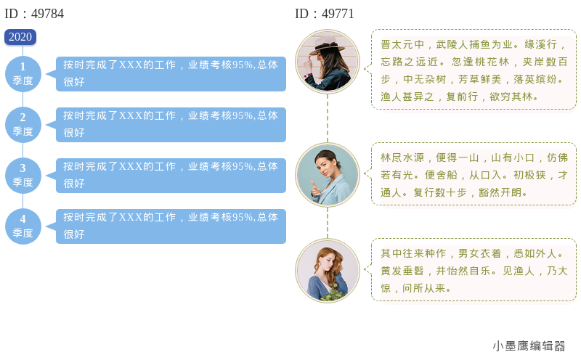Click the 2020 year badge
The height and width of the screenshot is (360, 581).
pos(20,37)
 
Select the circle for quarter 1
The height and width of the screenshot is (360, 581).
pos(23,74)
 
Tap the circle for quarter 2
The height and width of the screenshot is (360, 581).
pos(23,125)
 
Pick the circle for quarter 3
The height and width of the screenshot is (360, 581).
pos(23,176)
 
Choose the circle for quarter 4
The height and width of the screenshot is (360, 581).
pos(23,226)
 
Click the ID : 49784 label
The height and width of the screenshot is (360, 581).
pos(34,14)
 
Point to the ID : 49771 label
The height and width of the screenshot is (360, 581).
pos(325,14)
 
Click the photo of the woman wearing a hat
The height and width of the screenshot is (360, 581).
pos(328,62)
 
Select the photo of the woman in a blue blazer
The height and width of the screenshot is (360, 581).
pos(328,175)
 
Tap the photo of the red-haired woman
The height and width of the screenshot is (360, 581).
pos(328,271)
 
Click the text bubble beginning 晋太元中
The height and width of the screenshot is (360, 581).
pos(474,69)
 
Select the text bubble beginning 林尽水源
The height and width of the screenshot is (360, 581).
pos(474,173)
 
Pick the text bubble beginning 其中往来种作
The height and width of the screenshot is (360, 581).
pos(474,269)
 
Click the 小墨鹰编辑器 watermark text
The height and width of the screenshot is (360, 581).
pos(529,346)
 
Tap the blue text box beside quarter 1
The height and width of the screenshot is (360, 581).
pos(171,74)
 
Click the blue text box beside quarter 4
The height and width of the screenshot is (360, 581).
pos(171,226)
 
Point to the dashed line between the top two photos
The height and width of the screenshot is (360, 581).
pos(328,118)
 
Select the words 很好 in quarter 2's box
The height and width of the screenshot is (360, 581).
pos(74,133)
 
